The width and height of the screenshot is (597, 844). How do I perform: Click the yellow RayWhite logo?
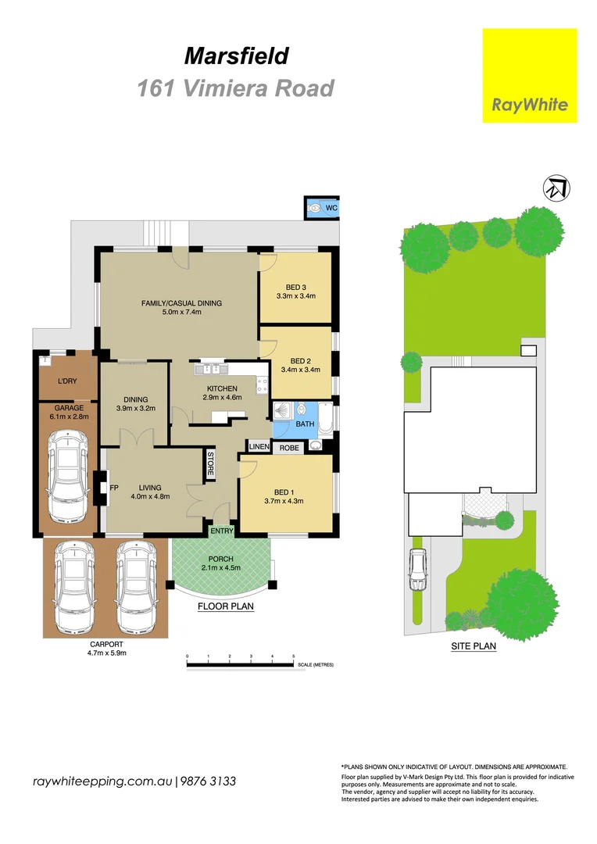[529, 75]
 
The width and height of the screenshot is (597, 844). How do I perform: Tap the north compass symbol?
[556, 187]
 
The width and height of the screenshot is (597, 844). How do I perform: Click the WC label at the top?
[331, 208]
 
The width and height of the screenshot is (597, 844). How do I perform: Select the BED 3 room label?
[296, 287]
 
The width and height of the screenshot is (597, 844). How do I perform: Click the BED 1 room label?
[283, 492]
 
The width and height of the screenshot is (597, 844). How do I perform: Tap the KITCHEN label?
[223, 388]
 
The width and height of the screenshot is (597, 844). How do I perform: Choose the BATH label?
[304, 424]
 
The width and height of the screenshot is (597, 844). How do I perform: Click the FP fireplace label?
[114, 488]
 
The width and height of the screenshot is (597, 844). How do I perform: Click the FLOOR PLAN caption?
[225, 606]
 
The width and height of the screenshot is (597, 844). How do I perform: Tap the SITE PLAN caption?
[474, 646]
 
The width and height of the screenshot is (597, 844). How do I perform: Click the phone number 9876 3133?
[209, 781]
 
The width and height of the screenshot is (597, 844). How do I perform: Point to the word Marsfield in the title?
[236, 56]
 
